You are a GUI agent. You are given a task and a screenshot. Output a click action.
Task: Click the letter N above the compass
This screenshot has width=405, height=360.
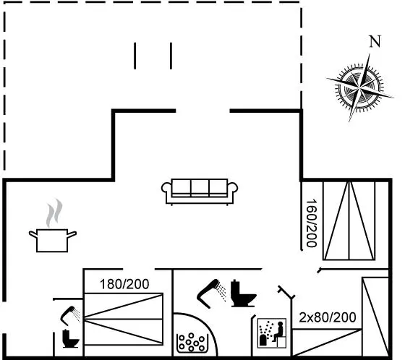pyautogui.click(x=375, y=41)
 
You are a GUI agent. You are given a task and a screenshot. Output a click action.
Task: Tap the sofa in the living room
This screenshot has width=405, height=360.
pyautogui.click(x=200, y=192)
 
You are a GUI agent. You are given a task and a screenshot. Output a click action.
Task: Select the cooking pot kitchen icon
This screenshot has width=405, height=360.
pyautogui.click(x=52, y=240)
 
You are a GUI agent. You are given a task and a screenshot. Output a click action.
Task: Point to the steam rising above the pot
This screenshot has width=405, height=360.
pyautogui.click(x=54, y=213)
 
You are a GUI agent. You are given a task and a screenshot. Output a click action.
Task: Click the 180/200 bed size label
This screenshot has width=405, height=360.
pyautogui.click(x=124, y=284)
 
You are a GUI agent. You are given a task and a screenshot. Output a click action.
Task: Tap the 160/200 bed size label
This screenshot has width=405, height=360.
pyautogui.click(x=311, y=223)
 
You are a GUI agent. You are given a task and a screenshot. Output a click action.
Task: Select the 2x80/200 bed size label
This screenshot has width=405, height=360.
pyautogui.click(x=328, y=317)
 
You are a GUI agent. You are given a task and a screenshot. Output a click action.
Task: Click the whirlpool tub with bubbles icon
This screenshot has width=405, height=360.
pyautogui.click(x=192, y=343)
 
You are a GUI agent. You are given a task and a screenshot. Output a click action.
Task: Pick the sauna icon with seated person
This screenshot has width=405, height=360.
pyautogui.click(x=272, y=333)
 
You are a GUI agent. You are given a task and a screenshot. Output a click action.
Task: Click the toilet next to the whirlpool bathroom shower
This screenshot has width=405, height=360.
pyautogui.click(x=243, y=293)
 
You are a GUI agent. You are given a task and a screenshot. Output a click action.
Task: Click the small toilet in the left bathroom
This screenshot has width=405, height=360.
pyautogui.click(x=70, y=339)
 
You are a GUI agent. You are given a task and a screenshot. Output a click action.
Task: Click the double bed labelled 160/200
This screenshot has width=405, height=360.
pyautogui.click(x=349, y=220)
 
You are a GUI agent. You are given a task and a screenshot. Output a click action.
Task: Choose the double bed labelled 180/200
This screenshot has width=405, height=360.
pyautogui.click(x=124, y=319)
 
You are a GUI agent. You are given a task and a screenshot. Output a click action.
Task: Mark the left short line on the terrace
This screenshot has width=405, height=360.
pyautogui.click(x=135, y=56)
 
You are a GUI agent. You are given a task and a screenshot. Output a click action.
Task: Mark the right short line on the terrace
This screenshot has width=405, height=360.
pyautogui.click(x=171, y=56)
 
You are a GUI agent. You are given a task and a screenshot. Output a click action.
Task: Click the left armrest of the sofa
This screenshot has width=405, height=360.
pyautogui.click(x=166, y=187)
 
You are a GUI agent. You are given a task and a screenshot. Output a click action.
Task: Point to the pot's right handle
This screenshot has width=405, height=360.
pyautogui.click(x=72, y=234)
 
